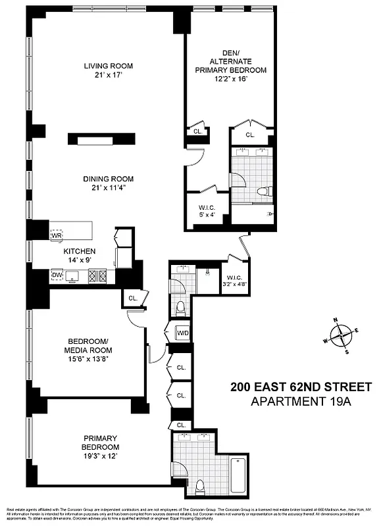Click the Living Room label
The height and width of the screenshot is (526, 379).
coord(109,70)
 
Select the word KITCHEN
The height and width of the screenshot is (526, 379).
coord(80,251)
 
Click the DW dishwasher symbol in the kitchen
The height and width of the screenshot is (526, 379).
coord(57,275)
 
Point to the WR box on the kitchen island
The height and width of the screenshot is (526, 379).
coord(57,234)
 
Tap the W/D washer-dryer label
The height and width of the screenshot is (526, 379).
coord(182,333)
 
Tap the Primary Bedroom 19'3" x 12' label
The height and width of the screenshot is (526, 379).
coord(100,442)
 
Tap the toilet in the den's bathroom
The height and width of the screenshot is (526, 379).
coord(263,192)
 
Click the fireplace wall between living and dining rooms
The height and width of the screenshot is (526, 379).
coord(101,139)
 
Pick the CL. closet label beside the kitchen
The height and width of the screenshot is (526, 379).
coord(133,298)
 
